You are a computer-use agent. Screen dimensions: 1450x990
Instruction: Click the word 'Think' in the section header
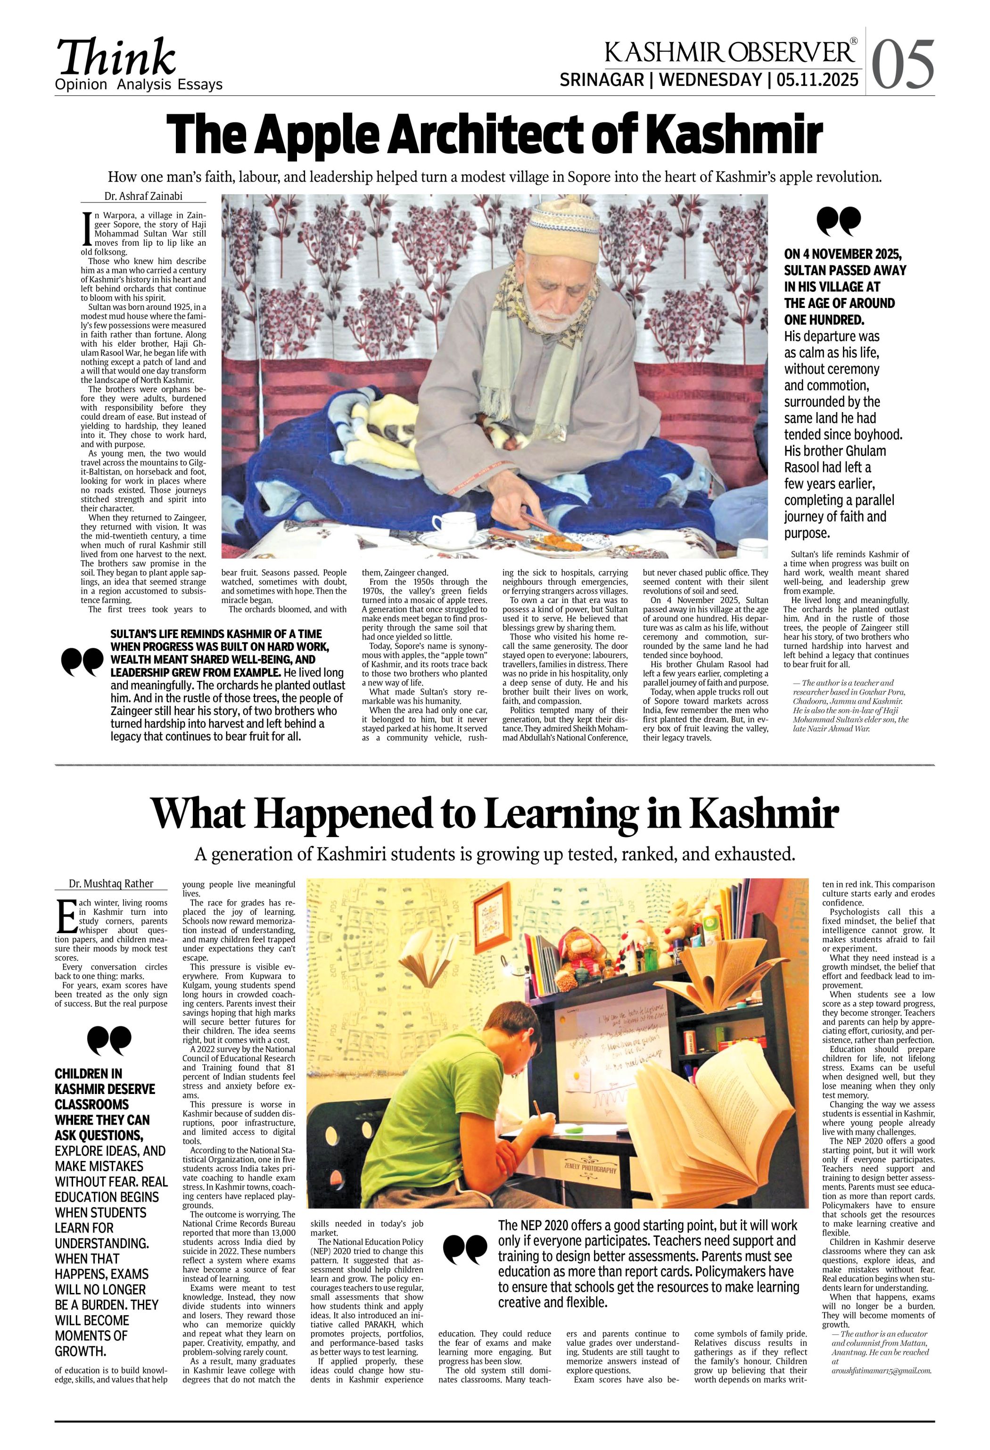click(116, 58)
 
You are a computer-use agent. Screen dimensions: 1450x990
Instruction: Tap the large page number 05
click(903, 64)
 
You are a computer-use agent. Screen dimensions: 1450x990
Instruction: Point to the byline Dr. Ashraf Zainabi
click(143, 196)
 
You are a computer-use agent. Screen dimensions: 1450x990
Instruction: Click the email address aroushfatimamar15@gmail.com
click(880, 1371)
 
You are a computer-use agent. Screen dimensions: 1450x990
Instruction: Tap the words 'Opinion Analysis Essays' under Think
click(139, 85)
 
